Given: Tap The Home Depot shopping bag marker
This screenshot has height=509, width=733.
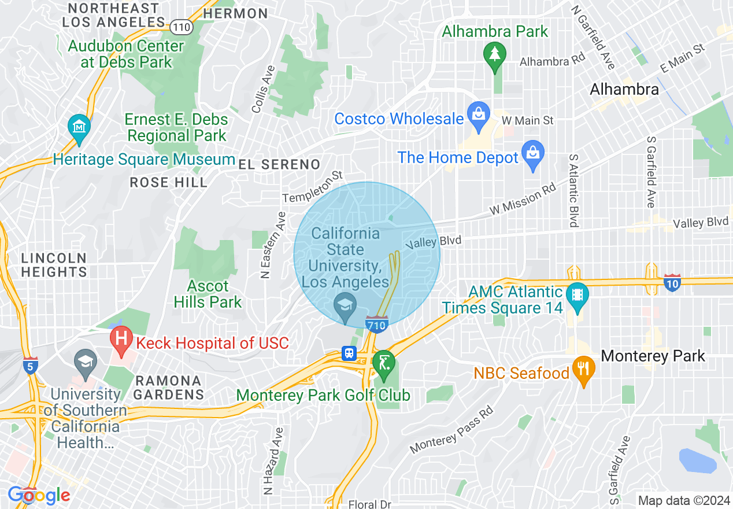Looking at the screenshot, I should coord(532,153).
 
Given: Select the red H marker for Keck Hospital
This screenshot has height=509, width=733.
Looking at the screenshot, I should coord(121,340).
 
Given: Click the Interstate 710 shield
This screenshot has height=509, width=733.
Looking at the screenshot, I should coord(376,325).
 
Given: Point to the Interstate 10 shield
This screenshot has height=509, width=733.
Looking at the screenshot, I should coord(672,283).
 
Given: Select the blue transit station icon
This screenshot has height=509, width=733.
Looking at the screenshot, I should coord(349,353).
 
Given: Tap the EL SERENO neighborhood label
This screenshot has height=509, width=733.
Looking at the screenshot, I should coord(279,164).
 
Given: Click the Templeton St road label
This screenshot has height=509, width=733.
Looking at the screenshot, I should coord(313,186).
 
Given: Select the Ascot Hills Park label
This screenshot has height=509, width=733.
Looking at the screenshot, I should coord(208,294).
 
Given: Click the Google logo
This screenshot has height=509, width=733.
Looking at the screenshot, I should coord(39,495).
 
